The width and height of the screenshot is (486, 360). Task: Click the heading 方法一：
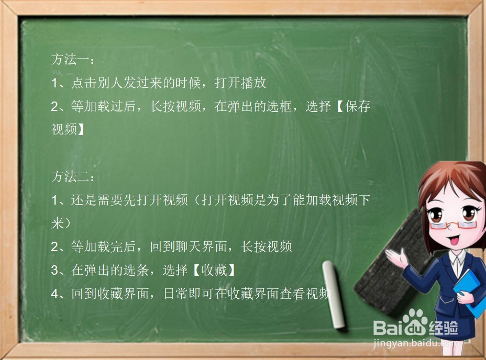73,60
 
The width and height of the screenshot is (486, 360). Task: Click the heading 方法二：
73,177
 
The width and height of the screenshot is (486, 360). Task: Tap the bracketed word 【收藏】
211,270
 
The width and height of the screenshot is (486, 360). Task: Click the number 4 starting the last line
54,294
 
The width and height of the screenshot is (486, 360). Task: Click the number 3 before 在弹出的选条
54,270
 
